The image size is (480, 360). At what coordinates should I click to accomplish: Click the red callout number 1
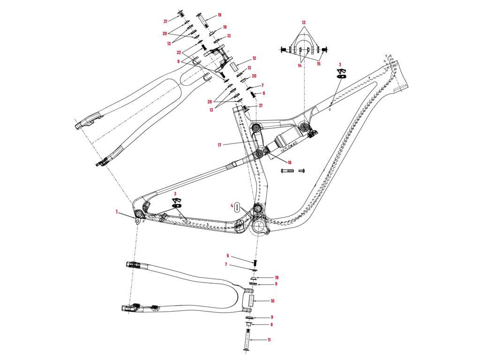point(117,212)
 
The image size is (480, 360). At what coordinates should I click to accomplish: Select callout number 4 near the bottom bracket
point(232,205)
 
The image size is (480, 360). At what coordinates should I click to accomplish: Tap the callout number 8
point(271,324)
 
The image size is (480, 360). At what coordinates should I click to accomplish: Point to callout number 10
point(272,301)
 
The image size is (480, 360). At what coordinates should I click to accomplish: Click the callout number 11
point(269,339)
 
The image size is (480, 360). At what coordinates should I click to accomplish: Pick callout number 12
point(254,59)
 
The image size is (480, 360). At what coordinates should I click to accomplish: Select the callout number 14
point(299,66)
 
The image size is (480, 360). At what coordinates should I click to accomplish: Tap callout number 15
point(318,64)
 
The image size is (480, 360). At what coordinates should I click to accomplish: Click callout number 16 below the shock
point(289,162)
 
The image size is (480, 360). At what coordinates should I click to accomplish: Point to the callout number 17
point(219,145)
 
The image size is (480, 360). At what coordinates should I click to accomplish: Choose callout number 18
point(219,15)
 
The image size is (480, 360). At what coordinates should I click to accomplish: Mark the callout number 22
point(179,52)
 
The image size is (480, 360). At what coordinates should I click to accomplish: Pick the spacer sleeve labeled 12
point(234,65)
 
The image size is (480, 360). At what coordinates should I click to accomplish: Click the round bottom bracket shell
point(258,226)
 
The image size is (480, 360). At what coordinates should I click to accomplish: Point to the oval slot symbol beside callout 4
point(237,207)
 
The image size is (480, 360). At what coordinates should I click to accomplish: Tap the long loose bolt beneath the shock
point(287,171)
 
